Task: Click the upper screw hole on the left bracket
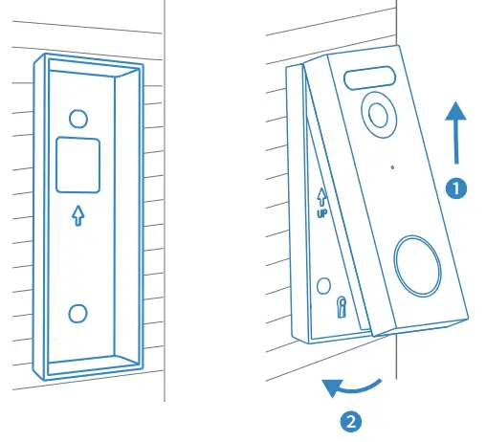point(78,117)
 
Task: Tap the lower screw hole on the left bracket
point(78,313)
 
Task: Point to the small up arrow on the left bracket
point(78,216)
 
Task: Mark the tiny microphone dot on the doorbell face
point(393,167)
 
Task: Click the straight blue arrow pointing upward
point(457,134)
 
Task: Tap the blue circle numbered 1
point(457,188)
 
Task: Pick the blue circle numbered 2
point(351,418)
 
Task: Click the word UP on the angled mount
point(323,212)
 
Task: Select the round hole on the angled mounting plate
point(323,286)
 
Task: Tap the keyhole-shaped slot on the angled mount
point(342,306)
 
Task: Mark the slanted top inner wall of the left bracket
point(83,70)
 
